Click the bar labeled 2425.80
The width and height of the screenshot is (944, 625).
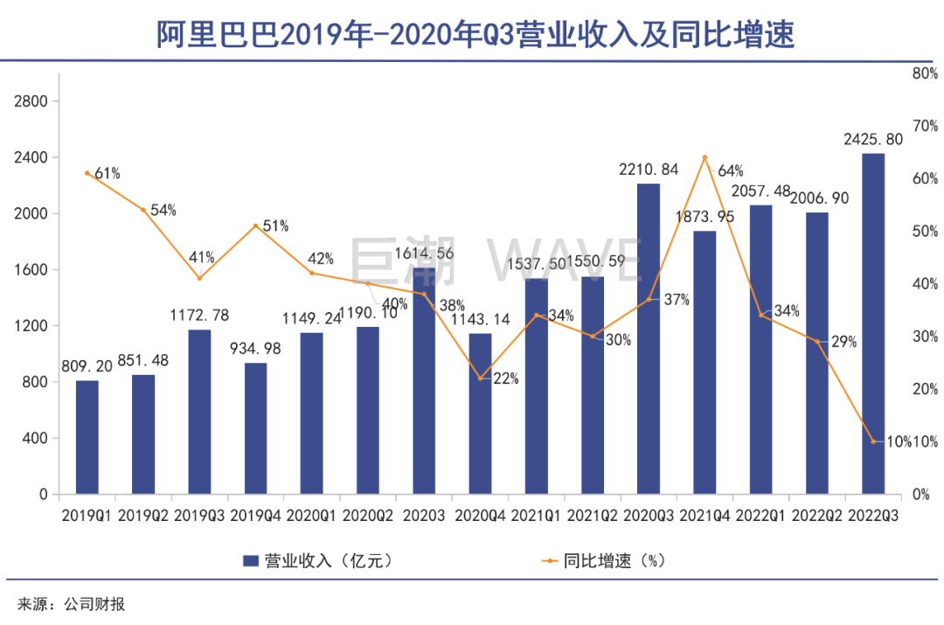(x=872, y=323)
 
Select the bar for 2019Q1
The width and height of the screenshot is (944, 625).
(x=87, y=437)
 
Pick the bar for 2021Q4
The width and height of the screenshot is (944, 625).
(x=705, y=362)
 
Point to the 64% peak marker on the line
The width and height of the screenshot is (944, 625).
(x=705, y=157)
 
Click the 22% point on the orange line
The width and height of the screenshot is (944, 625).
(x=480, y=378)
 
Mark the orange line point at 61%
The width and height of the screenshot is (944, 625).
(x=87, y=173)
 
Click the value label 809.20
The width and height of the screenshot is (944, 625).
(x=87, y=366)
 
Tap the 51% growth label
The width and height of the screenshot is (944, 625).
(x=275, y=226)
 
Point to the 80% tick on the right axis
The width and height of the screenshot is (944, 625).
(x=924, y=74)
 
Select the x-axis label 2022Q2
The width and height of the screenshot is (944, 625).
(x=816, y=516)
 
